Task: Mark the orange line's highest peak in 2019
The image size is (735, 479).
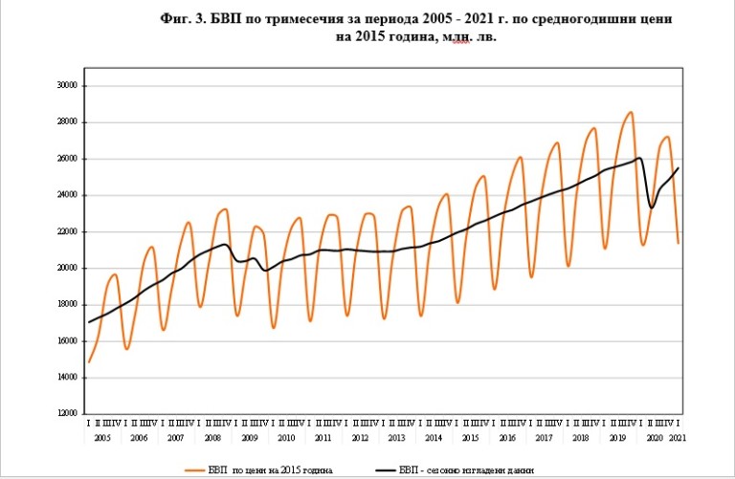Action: pos(631,113)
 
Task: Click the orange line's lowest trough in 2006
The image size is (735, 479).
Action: pos(127,349)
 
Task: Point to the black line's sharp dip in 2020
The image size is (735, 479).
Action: pos(652,207)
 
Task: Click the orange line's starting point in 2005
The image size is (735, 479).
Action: pos(89,362)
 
